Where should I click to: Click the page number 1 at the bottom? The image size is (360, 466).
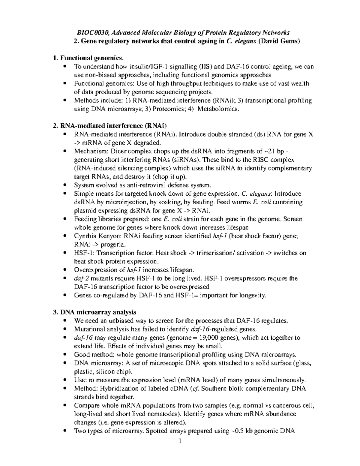click(180, 441)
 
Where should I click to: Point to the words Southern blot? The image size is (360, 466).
click(218, 389)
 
